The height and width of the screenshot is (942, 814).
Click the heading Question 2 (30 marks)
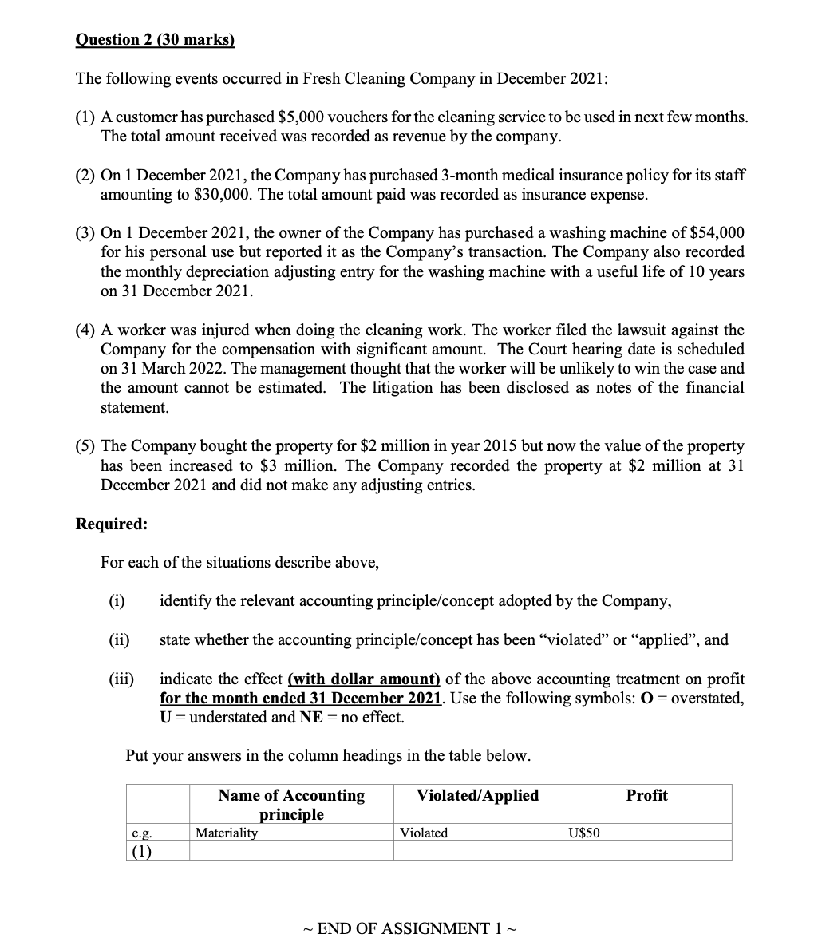click(x=155, y=40)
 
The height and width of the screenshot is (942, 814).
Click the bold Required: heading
click(x=111, y=524)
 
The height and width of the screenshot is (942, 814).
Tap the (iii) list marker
click(x=121, y=679)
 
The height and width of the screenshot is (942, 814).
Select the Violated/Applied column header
click(x=477, y=795)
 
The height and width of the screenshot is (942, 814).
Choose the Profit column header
click(x=646, y=795)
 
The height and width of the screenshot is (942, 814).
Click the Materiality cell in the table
click(x=227, y=833)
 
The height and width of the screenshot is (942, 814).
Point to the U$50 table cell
click(x=584, y=833)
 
